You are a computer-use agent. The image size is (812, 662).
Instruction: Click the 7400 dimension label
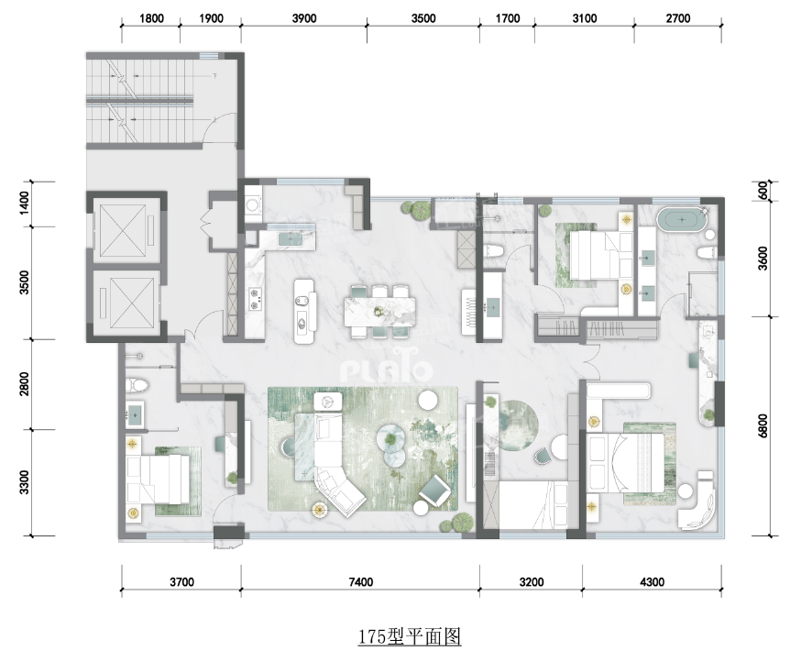pyautogui.click(x=360, y=582)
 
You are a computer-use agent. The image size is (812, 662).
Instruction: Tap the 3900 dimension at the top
pyautogui.click(x=304, y=18)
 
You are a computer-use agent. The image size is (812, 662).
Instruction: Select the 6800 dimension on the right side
pyautogui.click(x=763, y=425)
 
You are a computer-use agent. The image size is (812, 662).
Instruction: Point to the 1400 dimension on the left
pyautogui.click(x=25, y=204)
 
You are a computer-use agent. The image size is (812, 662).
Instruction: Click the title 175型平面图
pyautogui.click(x=410, y=636)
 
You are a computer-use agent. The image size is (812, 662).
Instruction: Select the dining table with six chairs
pyautogui.click(x=380, y=312)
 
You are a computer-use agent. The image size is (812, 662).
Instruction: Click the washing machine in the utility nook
pyautogui.click(x=253, y=204)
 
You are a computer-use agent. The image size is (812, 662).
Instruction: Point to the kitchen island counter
pyautogui.click(x=304, y=312)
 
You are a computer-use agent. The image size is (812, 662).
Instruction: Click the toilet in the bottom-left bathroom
pyautogui.click(x=137, y=385)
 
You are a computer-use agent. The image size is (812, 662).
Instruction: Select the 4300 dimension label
pyautogui.click(x=652, y=582)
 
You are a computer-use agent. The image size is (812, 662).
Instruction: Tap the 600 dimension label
pyautogui.click(x=763, y=191)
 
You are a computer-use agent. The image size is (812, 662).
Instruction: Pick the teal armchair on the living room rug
pyautogui.click(x=434, y=490)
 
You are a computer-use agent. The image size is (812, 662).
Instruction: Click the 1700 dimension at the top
pyautogui.click(x=508, y=18)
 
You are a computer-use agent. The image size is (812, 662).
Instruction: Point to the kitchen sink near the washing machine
pyautogui.click(x=288, y=239)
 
